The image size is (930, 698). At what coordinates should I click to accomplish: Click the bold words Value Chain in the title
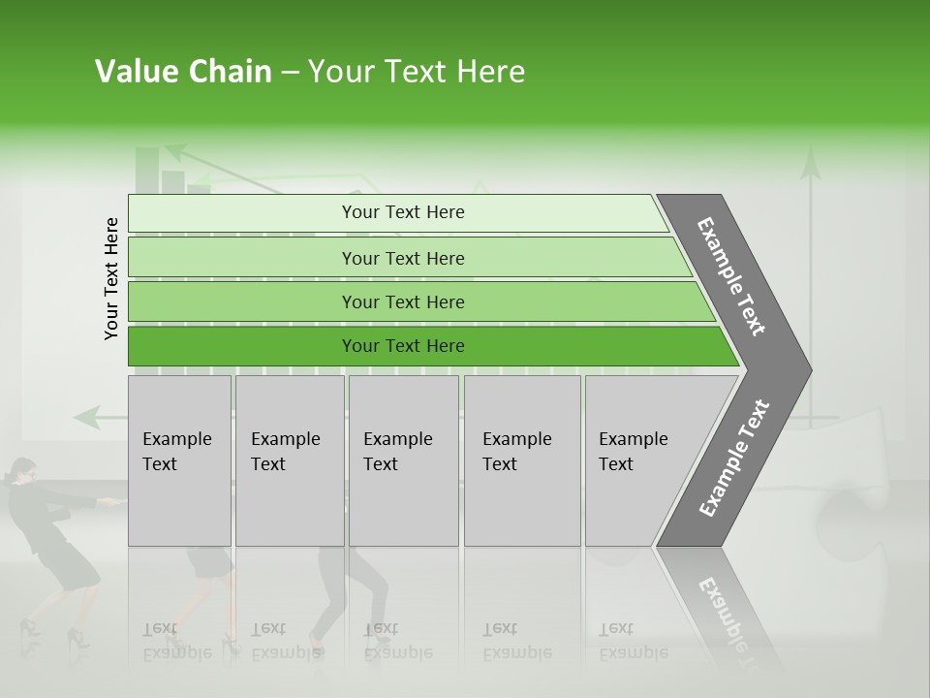pyautogui.click(x=183, y=72)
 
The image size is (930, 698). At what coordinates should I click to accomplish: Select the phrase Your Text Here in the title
pyautogui.click(x=417, y=72)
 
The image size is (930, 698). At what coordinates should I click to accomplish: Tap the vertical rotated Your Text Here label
pyautogui.click(x=111, y=278)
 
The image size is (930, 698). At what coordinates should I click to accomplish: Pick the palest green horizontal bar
pyautogui.click(x=397, y=212)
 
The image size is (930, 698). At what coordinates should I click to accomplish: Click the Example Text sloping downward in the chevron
pyautogui.click(x=731, y=276)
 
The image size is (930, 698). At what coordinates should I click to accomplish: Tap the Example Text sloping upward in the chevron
pyautogui.click(x=733, y=458)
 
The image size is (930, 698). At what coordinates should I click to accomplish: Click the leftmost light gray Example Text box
pyautogui.click(x=179, y=460)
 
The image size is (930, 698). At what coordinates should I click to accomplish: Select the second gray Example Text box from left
pyautogui.click(x=289, y=460)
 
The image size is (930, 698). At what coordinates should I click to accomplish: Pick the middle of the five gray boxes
pyautogui.click(x=403, y=460)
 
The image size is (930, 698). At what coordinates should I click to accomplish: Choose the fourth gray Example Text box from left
pyautogui.click(x=522, y=460)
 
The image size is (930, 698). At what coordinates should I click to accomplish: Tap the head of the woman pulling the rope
pyautogui.click(x=20, y=472)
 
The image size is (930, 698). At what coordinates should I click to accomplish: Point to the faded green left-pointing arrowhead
pyautogui.click(x=85, y=418)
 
